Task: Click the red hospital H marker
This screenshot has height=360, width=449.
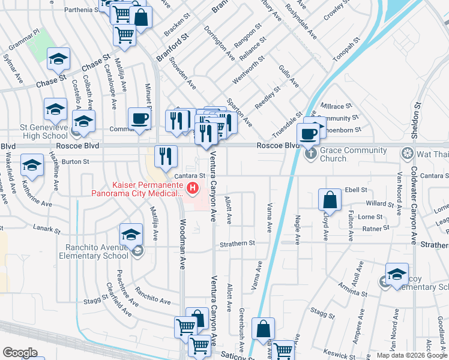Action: [x=193, y=188]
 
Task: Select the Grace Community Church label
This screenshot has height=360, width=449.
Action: [x=333, y=154]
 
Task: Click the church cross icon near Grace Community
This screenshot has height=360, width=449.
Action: [x=310, y=153]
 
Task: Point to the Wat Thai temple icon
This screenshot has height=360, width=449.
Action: [x=408, y=152]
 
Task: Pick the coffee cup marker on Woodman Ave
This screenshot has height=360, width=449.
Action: [x=139, y=119]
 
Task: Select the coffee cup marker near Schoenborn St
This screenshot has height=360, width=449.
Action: [x=309, y=134]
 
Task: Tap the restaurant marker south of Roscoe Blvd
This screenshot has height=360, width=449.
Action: [x=166, y=157]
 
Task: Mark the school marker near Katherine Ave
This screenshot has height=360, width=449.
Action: [x=32, y=166]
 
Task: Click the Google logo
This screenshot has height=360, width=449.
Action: [x=20, y=353]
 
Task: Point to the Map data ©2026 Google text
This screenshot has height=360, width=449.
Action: [x=411, y=355]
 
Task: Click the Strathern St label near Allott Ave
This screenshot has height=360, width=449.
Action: [x=237, y=243]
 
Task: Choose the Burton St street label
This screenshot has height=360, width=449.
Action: [x=75, y=161]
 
